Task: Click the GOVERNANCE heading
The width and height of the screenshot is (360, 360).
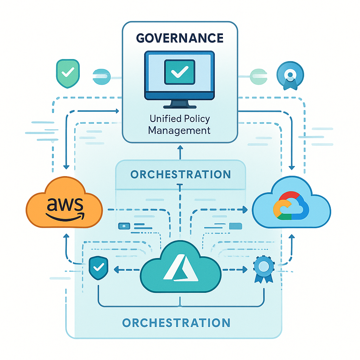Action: [x=180, y=38]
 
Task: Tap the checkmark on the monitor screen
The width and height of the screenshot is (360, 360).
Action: [x=179, y=72]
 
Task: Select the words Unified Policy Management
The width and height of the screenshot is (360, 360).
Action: [x=179, y=125]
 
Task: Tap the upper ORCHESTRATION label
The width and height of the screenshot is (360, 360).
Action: [x=180, y=174]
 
